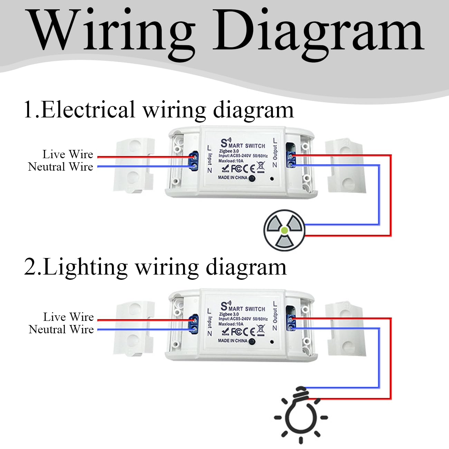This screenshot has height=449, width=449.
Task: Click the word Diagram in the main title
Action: point(319,35)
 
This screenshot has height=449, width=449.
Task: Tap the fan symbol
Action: point(284,230)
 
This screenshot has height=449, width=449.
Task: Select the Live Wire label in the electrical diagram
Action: point(68,154)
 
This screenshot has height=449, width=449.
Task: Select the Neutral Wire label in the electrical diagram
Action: point(61,167)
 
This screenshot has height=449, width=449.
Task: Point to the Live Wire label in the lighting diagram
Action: point(68,317)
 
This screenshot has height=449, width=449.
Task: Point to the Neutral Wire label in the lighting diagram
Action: point(61,329)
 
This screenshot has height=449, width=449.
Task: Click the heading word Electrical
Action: point(88,110)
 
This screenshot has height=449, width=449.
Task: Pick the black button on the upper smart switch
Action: point(252,179)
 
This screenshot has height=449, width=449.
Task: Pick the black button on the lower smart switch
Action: point(252,342)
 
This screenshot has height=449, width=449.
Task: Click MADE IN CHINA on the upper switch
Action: point(232,178)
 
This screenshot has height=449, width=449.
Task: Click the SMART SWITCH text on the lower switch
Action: point(243,307)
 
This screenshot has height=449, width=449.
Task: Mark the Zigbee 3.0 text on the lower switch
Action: point(229,314)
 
